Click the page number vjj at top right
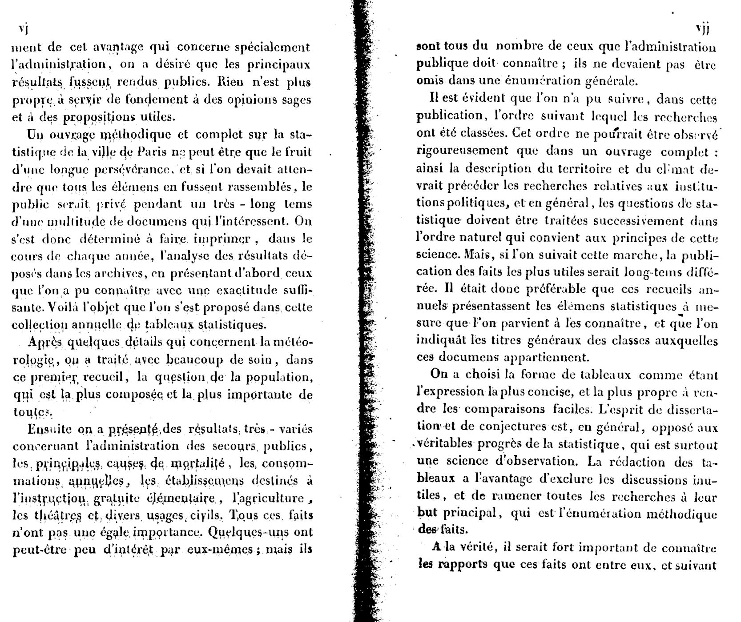tap(703, 29)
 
